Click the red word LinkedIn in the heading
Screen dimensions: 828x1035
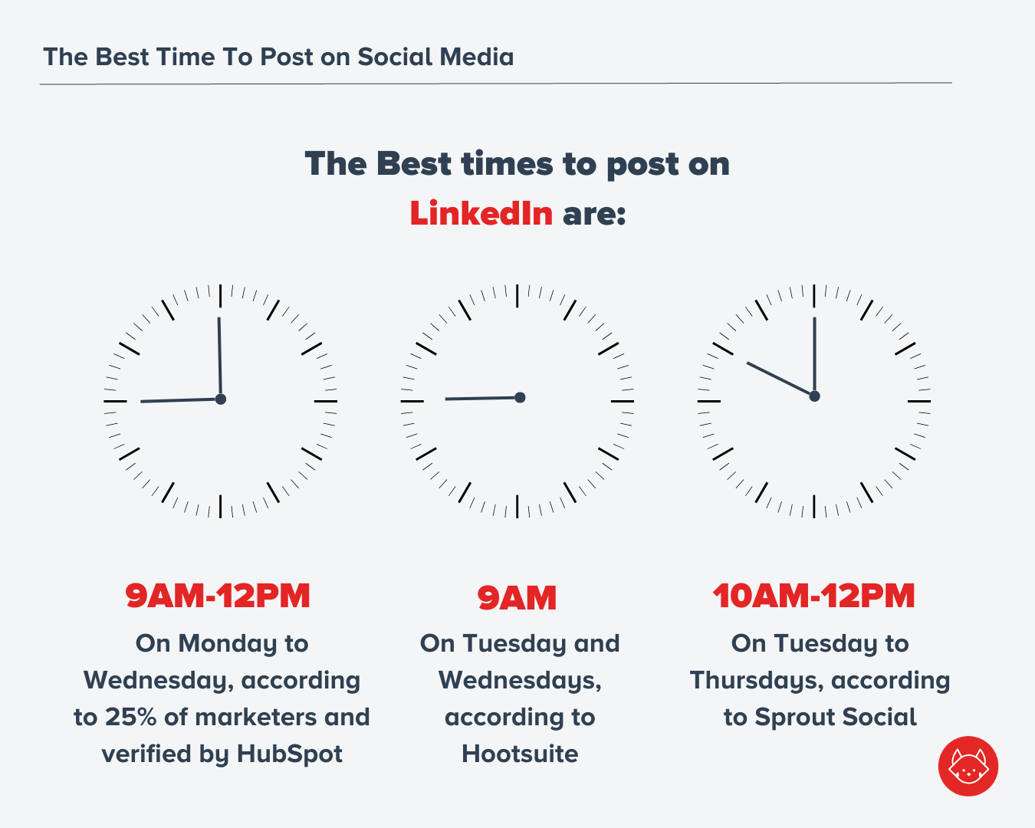click(481, 213)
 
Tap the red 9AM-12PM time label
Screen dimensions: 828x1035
click(218, 596)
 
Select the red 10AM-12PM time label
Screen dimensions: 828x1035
click(814, 596)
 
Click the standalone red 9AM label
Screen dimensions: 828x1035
click(517, 598)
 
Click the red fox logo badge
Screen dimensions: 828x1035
click(968, 766)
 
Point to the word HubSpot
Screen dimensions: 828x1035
click(289, 754)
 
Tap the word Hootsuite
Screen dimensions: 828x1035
click(520, 754)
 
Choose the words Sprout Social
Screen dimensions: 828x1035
click(836, 717)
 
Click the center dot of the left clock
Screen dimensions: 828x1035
click(221, 399)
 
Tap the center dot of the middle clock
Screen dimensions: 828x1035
click(520, 397)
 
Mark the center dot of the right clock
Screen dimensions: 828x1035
click(814, 396)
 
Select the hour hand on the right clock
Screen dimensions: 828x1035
click(778, 378)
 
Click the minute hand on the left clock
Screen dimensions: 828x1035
click(219, 356)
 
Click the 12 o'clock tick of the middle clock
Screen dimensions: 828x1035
click(517, 296)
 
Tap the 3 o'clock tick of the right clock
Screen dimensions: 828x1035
click(919, 401)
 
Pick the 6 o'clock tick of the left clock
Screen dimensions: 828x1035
click(220, 506)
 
